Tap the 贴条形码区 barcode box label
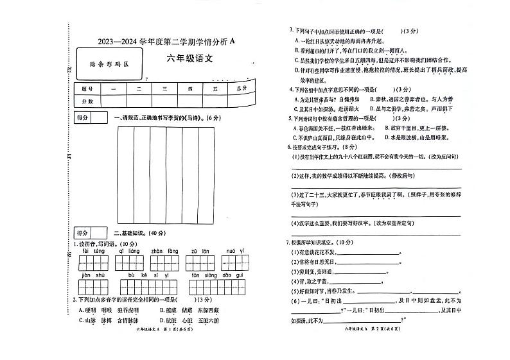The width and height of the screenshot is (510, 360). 109,64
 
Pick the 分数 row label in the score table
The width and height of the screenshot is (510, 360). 87,101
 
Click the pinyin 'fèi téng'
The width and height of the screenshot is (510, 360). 92,252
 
